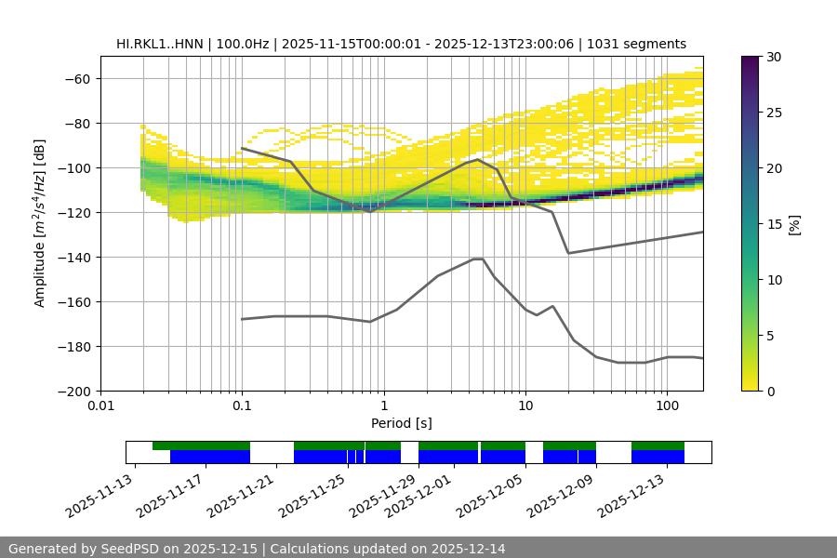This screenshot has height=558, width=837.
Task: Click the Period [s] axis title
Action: point(402,423)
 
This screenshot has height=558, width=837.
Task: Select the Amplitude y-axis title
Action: point(40,223)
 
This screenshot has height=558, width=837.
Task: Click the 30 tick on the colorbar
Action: point(772,57)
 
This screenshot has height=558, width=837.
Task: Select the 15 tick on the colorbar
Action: point(772,224)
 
